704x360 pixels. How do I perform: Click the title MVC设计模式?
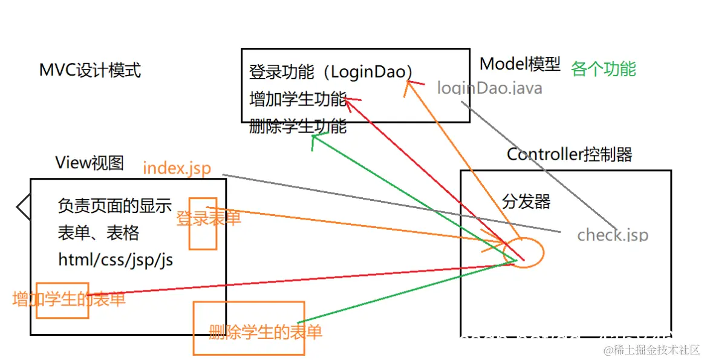[x=90, y=70]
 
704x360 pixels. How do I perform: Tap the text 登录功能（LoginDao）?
[x=331, y=73]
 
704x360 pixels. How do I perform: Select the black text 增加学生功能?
[x=298, y=99]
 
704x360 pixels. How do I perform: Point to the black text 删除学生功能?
[x=298, y=126]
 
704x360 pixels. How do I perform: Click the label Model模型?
[x=520, y=64]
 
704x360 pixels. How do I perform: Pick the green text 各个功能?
[x=603, y=69]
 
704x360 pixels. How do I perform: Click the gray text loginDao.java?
[x=489, y=88]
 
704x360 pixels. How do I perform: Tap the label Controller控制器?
[x=569, y=155]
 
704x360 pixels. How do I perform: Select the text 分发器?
[x=526, y=201]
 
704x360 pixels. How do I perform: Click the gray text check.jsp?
[x=612, y=235]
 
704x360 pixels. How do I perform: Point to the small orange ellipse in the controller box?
[x=524, y=253]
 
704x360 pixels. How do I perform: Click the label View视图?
[x=90, y=162]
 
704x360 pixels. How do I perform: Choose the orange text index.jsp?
[x=177, y=168]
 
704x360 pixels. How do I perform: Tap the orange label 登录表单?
[x=208, y=218]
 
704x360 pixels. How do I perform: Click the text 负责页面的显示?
[x=115, y=206]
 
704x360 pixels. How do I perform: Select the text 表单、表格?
[x=99, y=232]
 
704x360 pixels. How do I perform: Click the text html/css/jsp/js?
[x=116, y=260]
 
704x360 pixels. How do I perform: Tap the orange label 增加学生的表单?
[x=69, y=299]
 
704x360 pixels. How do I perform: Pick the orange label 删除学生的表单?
[x=265, y=332]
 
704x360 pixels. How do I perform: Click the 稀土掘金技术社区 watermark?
[x=651, y=350]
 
